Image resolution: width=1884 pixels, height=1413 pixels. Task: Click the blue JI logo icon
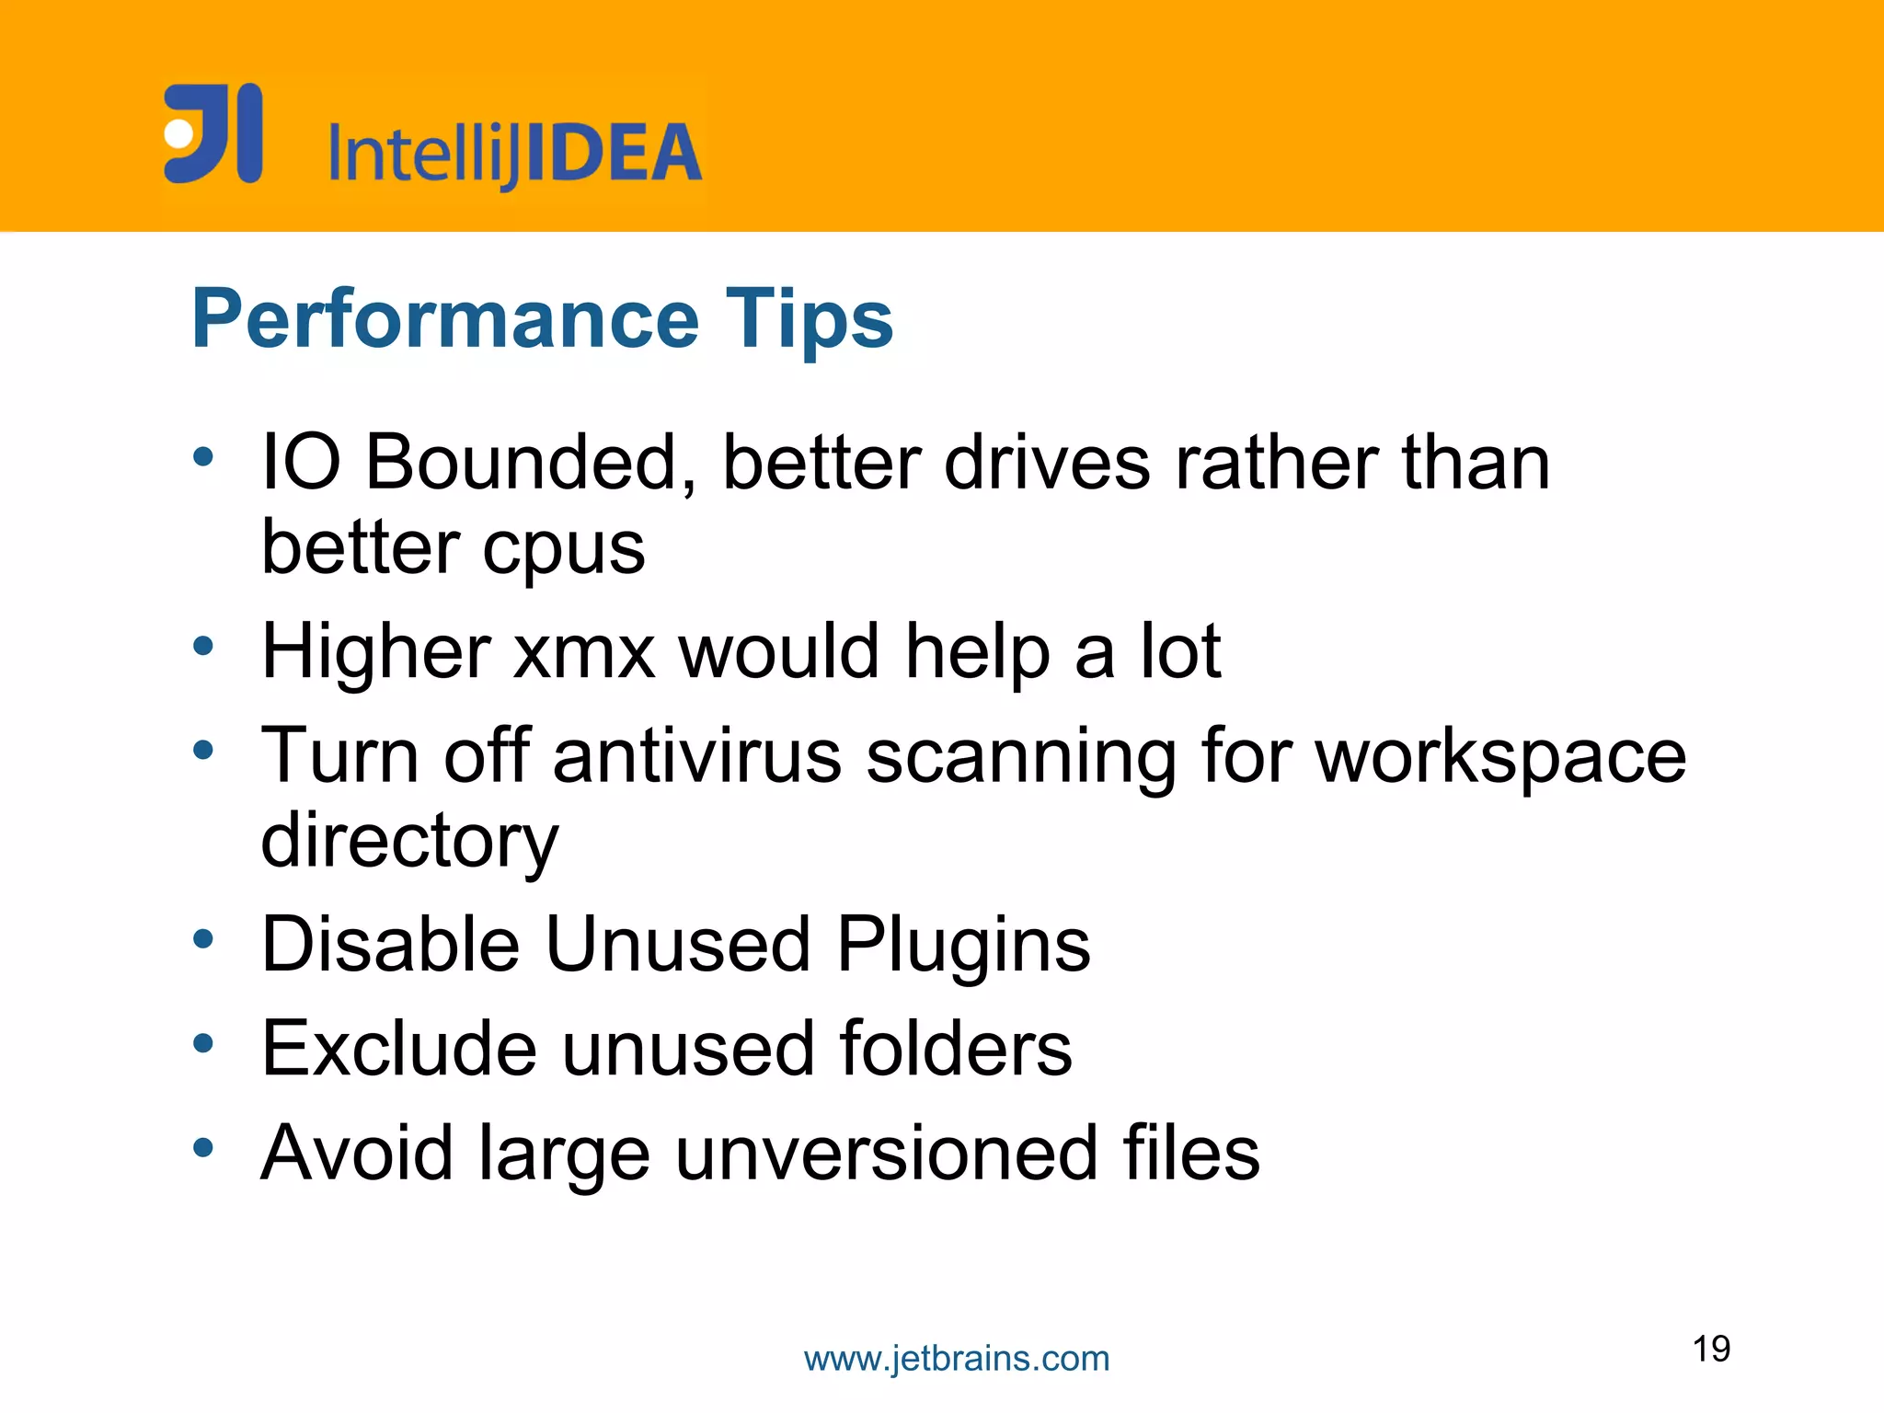[x=213, y=133]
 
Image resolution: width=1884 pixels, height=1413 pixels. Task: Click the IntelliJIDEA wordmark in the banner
[x=515, y=154]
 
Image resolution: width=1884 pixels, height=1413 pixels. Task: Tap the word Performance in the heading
[x=445, y=319]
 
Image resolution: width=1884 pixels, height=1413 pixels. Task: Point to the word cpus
[x=564, y=549]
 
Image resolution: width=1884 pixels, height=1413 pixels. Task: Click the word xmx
[x=584, y=652]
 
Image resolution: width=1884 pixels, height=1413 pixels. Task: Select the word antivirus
[x=697, y=756]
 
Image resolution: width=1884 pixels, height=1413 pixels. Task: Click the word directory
[x=409, y=842]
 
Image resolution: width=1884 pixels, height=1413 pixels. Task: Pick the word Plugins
[x=963, y=946]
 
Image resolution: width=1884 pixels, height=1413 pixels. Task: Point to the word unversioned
[x=886, y=1153]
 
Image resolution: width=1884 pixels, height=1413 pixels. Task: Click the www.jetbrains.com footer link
[x=957, y=1359]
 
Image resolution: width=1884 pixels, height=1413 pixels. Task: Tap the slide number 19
[x=1711, y=1349]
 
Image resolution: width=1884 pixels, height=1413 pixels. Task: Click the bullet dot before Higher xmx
[x=203, y=646]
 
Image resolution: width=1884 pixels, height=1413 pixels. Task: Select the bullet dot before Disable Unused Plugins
[x=203, y=939]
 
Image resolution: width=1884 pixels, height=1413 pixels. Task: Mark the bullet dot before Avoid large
[x=203, y=1147]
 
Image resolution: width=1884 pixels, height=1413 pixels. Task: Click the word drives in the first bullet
[x=1047, y=462]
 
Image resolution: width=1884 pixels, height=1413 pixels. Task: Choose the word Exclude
[x=399, y=1049]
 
